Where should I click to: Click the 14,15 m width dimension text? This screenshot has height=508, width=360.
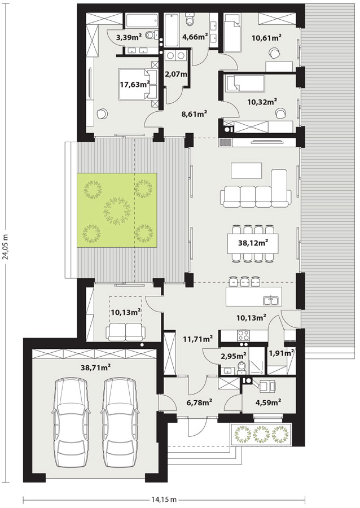tap(164, 499)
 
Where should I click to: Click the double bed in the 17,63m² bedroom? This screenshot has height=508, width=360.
tap(138, 84)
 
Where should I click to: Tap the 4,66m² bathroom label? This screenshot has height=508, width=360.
tap(195, 37)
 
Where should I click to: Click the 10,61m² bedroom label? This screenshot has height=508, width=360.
tap(266, 37)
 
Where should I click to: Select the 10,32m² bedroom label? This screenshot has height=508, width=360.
tap(262, 102)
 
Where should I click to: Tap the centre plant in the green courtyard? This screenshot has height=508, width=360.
tap(117, 211)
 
